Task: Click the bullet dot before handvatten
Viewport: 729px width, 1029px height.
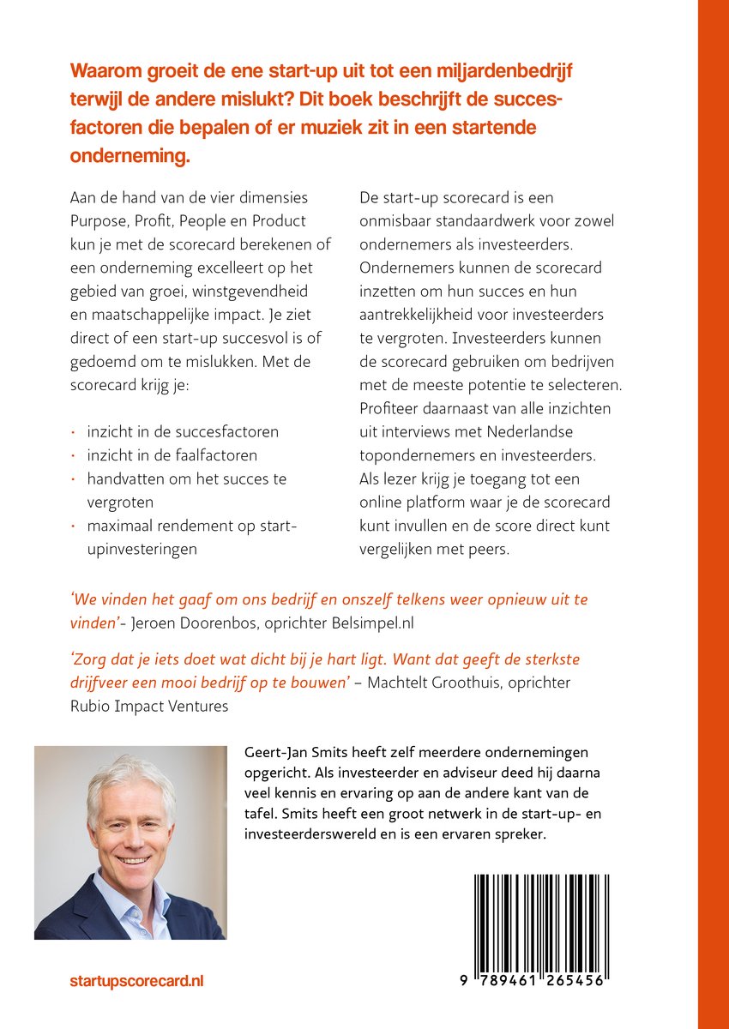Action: tap(75, 478)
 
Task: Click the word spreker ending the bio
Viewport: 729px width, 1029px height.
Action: tap(518, 833)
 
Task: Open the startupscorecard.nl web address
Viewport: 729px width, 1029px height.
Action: tap(136, 980)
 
